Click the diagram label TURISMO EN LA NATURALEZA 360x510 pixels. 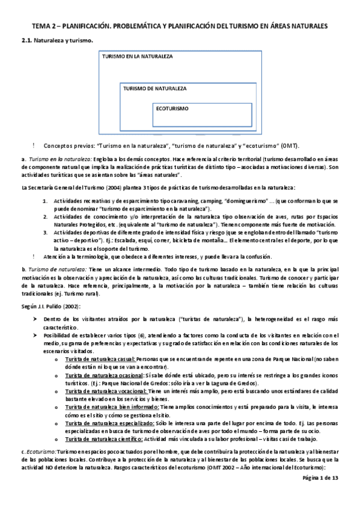(137, 57)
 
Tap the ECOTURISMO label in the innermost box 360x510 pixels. (172, 109)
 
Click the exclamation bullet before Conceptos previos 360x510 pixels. (35, 146)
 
